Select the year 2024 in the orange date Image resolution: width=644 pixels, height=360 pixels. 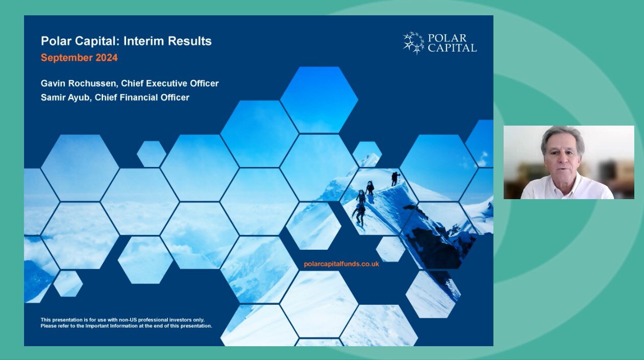[107, 58]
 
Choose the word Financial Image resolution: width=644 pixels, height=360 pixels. [139, 98]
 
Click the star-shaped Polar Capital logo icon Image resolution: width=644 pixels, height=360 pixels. [413, 43]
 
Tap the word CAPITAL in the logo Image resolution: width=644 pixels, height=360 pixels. [452, 48]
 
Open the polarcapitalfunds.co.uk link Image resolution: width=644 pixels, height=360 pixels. [341, 264]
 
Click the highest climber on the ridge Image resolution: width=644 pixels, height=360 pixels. [395, 179]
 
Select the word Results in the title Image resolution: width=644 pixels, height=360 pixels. [190, 41]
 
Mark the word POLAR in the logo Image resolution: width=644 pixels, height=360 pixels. [447, 38]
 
